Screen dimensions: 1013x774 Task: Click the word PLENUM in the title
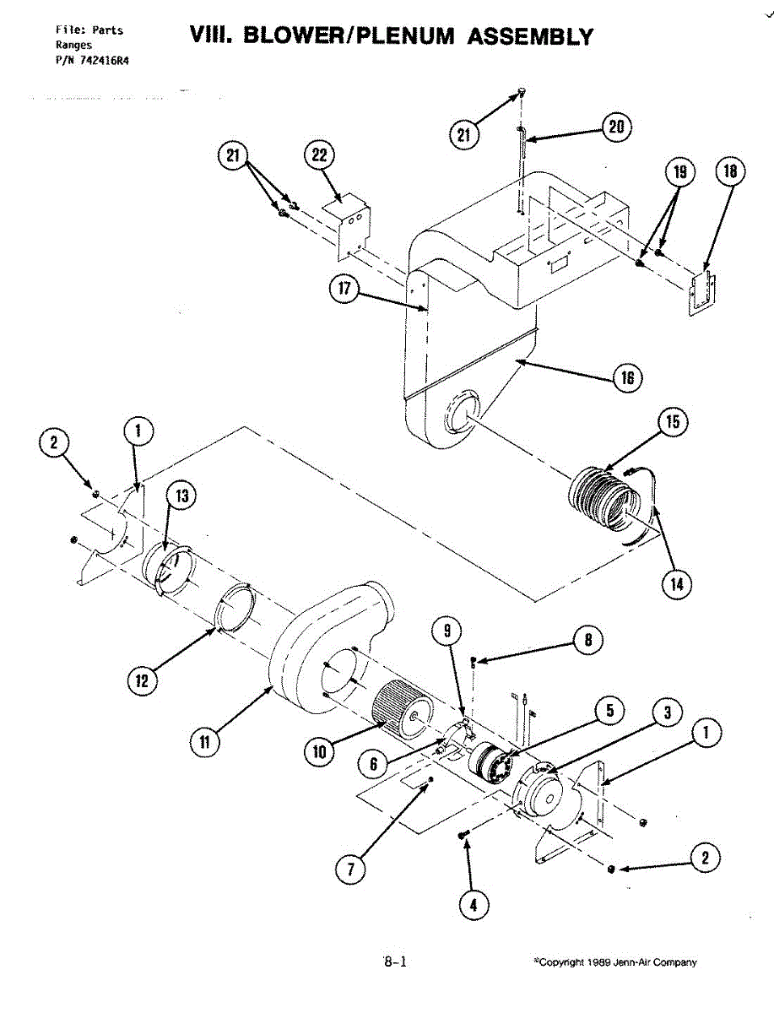394,36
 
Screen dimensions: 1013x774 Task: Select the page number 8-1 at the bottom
395,961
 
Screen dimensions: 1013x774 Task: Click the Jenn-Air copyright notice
616,962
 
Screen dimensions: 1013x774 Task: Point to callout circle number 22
319,157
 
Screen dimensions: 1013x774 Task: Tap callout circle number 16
627,377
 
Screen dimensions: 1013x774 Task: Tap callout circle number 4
472,905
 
